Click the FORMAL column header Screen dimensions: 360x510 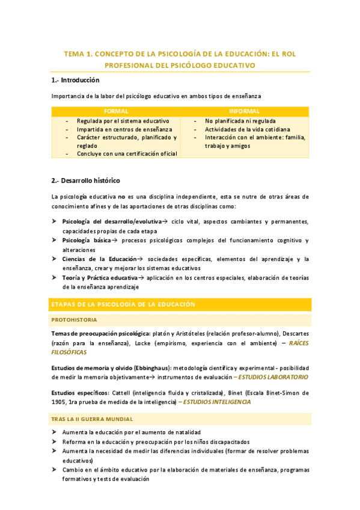tap(115, 111)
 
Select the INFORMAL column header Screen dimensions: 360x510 tap(244, 111)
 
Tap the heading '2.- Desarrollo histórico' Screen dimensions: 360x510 tap(86, 180)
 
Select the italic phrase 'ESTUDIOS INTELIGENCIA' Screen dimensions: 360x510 tap(217, 402)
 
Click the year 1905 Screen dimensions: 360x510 tap(61, 402)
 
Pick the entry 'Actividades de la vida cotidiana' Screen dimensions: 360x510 tap(247, 129)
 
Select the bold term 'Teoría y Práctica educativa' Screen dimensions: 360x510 tap(100, 277)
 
